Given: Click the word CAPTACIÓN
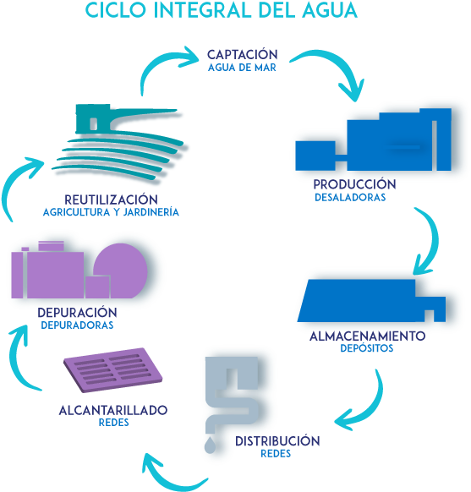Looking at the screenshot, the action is [242, 54].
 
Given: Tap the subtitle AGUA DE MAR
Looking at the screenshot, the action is [242, 68].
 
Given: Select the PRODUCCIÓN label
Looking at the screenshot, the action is [354, 183].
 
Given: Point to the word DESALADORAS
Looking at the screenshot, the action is [350, 197].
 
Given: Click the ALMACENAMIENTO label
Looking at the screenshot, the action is [368, 336].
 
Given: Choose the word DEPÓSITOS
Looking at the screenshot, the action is [366, 347].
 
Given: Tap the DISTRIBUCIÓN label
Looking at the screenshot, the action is [277, 440].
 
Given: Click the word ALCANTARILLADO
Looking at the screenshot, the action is [113, 410].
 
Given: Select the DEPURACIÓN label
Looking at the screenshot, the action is [77, 312].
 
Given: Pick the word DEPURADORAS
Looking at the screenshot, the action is [77, 325].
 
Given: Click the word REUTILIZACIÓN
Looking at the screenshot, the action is [111, 200].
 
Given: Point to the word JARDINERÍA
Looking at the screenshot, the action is [151, 212].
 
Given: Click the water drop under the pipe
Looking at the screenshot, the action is [210, 446].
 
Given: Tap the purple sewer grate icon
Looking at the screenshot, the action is [113, 370].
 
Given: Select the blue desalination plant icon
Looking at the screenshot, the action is [374, 139].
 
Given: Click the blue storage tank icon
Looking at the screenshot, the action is [371, 301].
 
